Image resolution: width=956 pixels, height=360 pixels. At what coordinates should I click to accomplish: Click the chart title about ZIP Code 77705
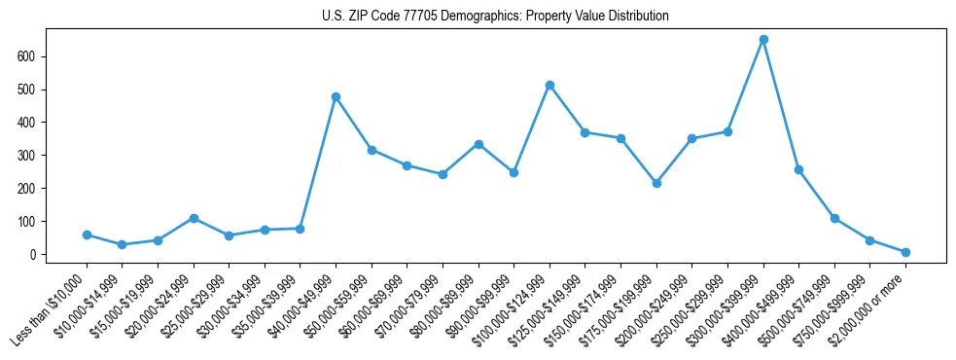click(495, 17)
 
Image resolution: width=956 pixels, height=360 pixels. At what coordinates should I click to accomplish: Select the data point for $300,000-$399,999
click(763, 40)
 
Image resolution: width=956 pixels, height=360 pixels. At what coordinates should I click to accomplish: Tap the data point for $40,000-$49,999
click(336, 96)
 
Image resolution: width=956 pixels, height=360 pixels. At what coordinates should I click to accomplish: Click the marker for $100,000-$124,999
click(549, 86)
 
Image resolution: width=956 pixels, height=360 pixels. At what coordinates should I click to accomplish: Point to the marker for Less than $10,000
click(88, 234)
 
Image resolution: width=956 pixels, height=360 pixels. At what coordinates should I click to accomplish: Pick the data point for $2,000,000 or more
click(905, 252)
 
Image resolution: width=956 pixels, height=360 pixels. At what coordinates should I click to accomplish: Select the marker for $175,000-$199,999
click(656, 183)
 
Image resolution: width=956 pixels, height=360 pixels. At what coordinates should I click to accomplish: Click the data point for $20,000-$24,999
click(195, 218)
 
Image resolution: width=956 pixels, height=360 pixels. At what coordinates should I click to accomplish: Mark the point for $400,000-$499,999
click(798, 169)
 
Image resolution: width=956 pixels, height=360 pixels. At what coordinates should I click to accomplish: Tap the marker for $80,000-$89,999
click(478, 144)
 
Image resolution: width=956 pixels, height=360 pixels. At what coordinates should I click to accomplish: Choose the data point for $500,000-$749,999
click(834, 218)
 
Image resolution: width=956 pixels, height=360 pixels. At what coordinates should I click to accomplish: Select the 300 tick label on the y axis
click(36, 156)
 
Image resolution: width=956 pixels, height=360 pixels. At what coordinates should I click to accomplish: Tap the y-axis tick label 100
click(36, 222)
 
